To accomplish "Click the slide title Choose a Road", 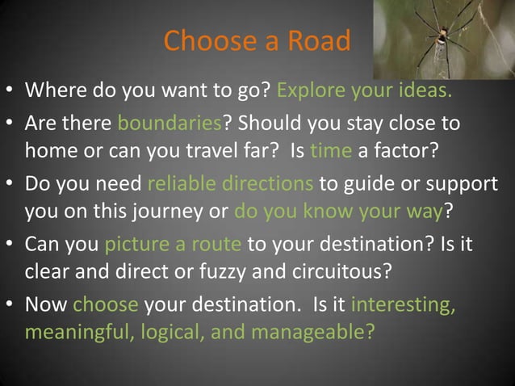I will (257, 40).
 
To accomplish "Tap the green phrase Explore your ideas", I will (364, 88).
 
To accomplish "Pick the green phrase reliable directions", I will (231, 183).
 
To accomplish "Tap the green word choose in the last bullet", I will (106, 305).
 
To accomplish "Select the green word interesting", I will (404, 305).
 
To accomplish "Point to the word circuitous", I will (342, 270).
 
